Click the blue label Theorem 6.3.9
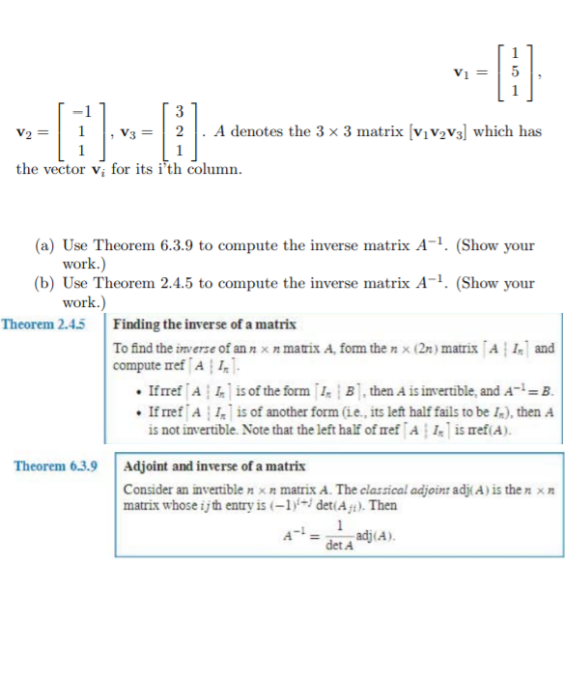click(55, 465)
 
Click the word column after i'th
click(214, 169)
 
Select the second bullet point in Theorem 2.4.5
click(144, 410)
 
